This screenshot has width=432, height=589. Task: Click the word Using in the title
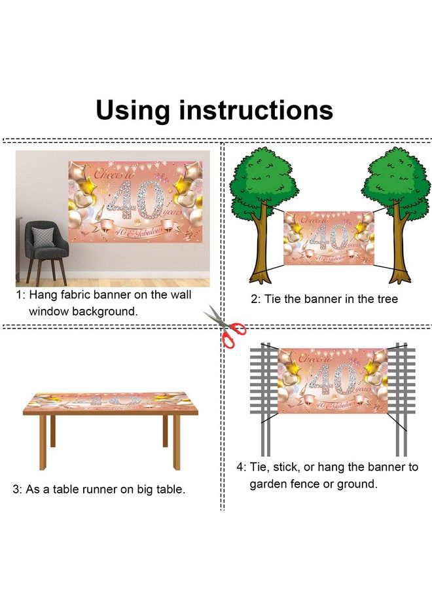pyautogui.click(x=133, y=110)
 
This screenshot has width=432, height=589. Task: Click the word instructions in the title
pyautogui.click(x=255, y=110)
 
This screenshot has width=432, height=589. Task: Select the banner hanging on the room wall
pyautogui.click(x=135, y=202)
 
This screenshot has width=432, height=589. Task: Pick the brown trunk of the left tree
pyautogui.click(x=262, y=244)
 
